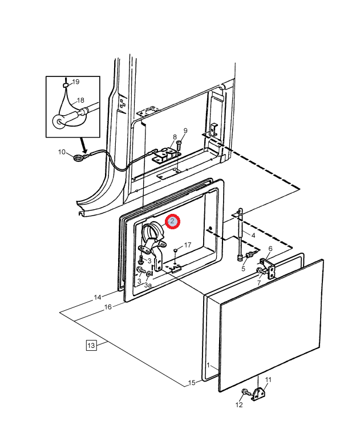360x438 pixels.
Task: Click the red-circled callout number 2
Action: (172, 221)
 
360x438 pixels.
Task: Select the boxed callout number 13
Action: (91, 344)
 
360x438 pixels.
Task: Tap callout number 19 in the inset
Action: (75, 82)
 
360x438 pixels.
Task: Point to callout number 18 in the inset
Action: (80, 99)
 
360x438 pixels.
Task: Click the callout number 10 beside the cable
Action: (62, 152)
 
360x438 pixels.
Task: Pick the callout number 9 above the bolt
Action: (185, 131)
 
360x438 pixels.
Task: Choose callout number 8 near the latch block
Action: (175, 137)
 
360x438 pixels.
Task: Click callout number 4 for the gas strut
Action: (253, 236)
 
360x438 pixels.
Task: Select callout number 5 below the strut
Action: (243, 268)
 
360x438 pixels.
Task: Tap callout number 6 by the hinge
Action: (270, 249)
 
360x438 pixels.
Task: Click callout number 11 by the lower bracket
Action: (269, 380)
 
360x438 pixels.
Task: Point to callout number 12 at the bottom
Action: (238, 404)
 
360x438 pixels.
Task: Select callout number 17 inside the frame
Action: (187, 245)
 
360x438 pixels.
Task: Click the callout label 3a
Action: (148, 285)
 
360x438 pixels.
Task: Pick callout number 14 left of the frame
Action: (98, 297)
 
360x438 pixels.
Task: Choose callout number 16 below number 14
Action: (107, 307)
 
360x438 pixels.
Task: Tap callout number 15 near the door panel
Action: (192, 382)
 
